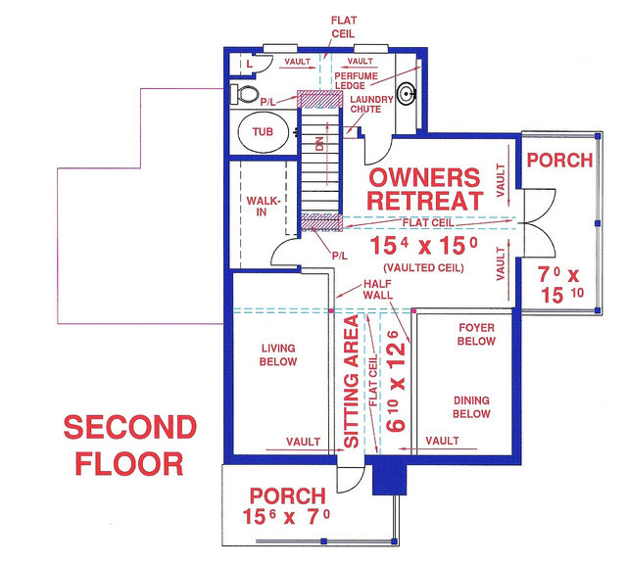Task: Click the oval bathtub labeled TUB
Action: coord(262,131)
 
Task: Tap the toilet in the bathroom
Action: coord(248,94)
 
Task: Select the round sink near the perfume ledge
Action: coord(409,95)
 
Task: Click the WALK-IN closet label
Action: coord(264,207)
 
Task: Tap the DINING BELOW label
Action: coord(470,406)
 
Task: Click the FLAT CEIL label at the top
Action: coord(344,25)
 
